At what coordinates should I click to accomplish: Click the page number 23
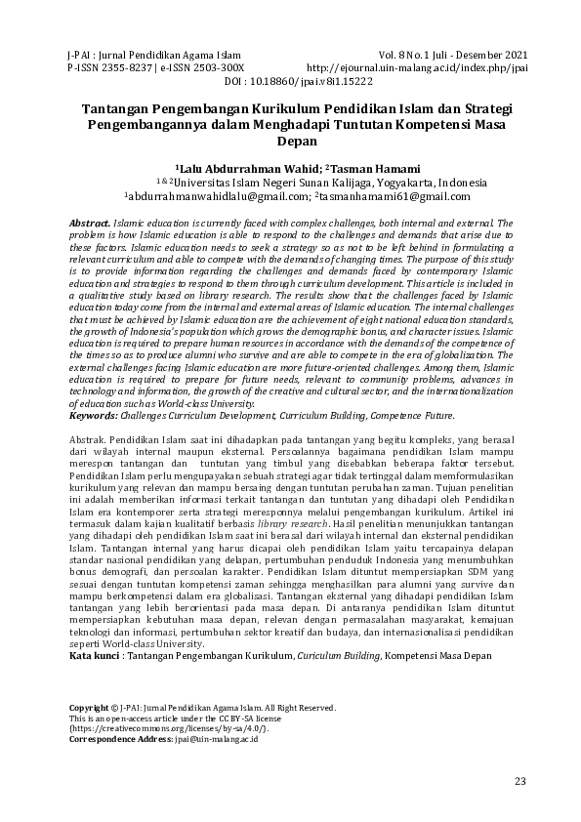[519, 780]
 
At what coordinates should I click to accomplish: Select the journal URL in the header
[418, 68]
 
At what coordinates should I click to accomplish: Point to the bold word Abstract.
[90, 223]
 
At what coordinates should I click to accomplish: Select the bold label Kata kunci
[93, 655]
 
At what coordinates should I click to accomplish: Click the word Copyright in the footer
[88, 708]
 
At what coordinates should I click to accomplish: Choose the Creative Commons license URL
[169, 728]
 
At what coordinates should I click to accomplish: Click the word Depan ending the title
[290, 141]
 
